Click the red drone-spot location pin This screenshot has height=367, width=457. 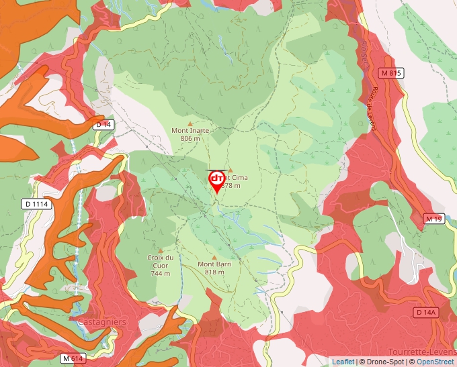217,180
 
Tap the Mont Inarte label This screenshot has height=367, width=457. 190,131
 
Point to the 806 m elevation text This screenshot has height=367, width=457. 190,138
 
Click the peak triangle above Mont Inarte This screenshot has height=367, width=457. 190,123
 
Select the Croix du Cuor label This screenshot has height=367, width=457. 160,258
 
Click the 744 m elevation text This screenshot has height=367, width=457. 160,273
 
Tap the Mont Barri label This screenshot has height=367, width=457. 214,264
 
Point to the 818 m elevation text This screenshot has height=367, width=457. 214,272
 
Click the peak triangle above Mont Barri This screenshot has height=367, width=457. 214,257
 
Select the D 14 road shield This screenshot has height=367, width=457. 103,125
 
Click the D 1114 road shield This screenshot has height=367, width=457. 37,204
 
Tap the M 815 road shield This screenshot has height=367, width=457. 390,73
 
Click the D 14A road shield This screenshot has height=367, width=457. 426,313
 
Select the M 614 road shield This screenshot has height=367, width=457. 74,358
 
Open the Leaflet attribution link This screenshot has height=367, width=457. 343,362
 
